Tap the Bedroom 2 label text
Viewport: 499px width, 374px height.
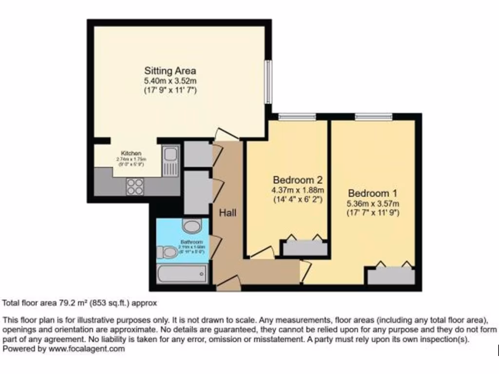[x=298, y=180]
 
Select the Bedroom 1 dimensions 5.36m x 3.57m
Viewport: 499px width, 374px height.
[x=374, y=203]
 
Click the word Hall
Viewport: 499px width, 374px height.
[x=228, y=213]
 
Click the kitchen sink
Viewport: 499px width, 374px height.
[x=171, y=161]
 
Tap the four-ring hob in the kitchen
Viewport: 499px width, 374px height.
[x=135, y=186]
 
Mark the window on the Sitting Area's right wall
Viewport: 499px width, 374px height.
[x=268, y=81]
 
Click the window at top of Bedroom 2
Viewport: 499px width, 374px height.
[x=297, y=116]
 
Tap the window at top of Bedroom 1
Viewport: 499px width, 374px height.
[x=374, y=116]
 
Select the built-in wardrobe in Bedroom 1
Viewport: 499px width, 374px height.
[x=391, y=276]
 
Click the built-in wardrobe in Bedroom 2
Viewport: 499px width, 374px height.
[x=306, y=248]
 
